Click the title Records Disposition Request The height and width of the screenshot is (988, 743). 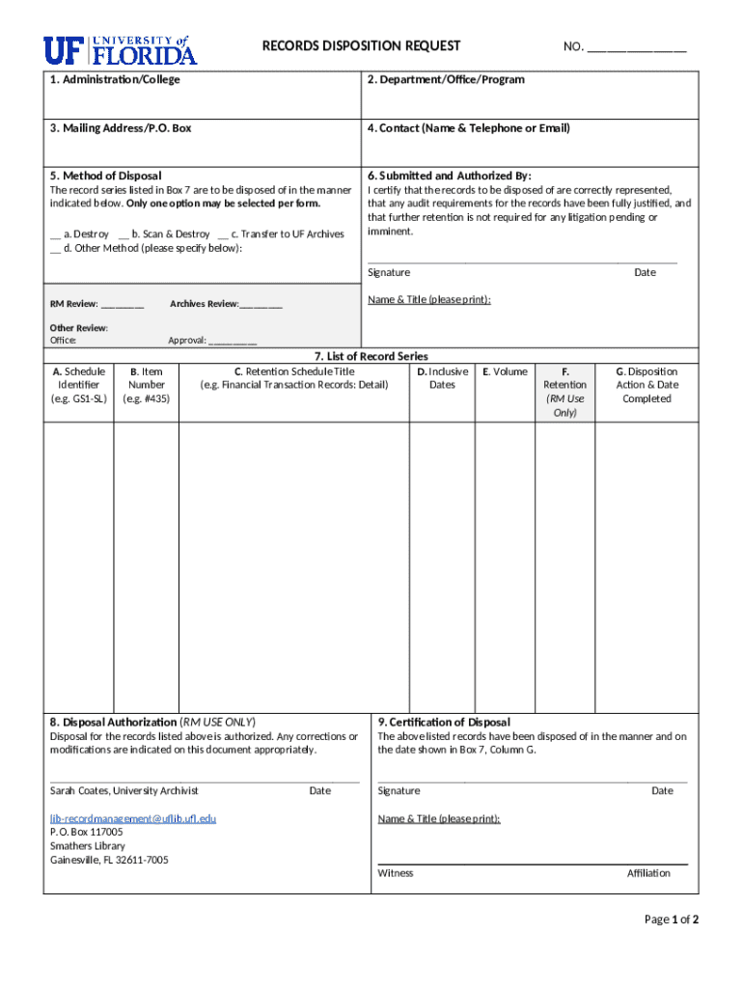click(362, 45)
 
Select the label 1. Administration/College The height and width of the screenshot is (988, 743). click(115, 79)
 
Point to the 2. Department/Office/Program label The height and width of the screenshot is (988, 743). click(446, 79)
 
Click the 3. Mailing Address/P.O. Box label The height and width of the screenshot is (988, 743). click(121, 127)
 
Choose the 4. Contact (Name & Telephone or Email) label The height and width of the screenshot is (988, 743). click(468, 127)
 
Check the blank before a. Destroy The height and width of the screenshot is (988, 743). click(56, 234)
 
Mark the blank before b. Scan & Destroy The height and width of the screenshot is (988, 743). click(124, 234)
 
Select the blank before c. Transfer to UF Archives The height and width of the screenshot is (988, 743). click(223, 234)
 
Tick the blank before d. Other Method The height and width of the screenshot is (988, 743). click(55, 248)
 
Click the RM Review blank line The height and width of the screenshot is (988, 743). click(123, 305)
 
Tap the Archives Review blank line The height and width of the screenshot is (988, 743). click(261, 305)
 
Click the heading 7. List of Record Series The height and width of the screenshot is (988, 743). click(371, 356)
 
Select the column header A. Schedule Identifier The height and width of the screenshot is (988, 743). click(79, 385)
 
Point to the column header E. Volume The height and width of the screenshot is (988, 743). click(505, 371)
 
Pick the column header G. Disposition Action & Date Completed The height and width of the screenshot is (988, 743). click(647, 385)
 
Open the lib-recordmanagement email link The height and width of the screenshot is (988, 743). click(133, 818)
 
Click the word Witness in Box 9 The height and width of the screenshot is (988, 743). click(396, 873)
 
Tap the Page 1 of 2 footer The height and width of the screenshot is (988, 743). click(671, 919)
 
